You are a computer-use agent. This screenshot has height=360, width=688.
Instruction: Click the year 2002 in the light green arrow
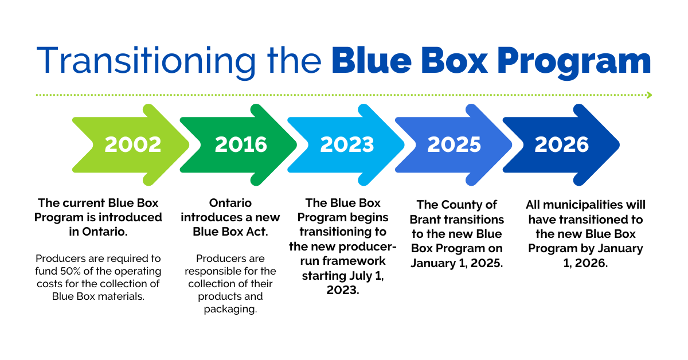click(132, 144)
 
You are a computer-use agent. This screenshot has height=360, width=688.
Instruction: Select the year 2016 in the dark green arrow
click(241, 144)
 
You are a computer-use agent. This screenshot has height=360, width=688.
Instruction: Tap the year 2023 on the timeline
click(347, 144)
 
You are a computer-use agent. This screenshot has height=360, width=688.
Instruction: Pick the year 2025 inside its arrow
click(454, 144)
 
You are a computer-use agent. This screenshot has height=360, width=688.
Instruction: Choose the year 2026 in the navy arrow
click(561, 144)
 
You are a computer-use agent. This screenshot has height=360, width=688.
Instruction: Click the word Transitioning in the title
click(146, 60)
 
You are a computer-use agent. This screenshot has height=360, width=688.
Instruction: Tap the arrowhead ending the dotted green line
click(649, 95)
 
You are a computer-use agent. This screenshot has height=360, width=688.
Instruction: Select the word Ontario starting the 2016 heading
click(230, 203)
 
